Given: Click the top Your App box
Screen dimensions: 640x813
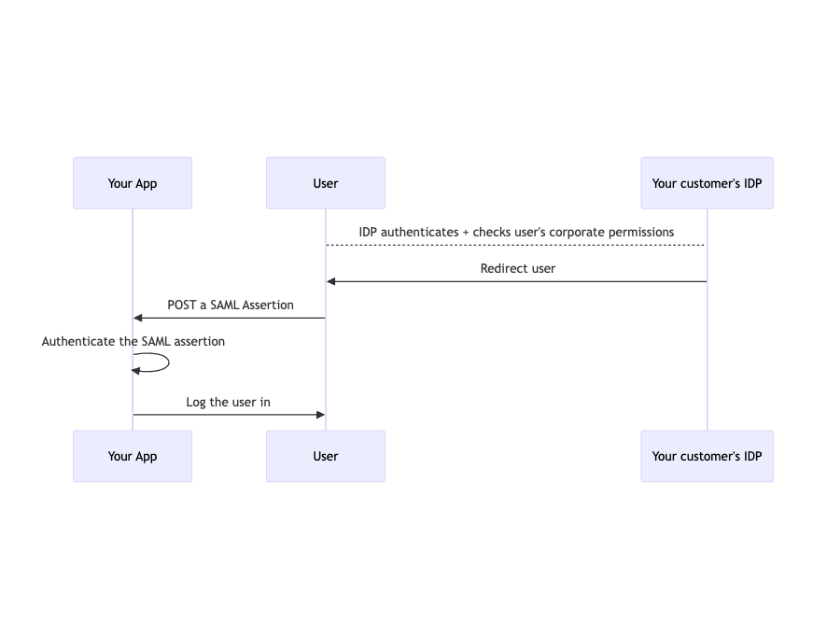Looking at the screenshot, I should (x=133, y=183).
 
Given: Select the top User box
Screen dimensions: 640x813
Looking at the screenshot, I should (x=325, y=183).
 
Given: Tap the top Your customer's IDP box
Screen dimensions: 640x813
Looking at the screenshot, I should (x=707, y=183).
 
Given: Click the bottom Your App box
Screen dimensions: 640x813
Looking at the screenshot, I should (x=133, y=456).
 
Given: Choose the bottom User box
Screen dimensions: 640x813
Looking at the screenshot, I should (x=325, y=456).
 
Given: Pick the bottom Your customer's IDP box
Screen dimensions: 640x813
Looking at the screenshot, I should (x=707, y=456).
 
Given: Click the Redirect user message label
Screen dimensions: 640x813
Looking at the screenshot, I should (x=517, y=268).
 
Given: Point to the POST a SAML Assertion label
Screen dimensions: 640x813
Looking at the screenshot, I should (x=231, y=305).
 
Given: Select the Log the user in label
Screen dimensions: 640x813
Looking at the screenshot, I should (x=228, y=402).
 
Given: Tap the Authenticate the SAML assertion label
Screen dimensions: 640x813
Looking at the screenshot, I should (x=133, y=341).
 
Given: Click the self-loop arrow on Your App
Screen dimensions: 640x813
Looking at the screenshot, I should (x=167, y=363).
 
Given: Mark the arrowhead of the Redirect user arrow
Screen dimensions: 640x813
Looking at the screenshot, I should (x=331, y=281).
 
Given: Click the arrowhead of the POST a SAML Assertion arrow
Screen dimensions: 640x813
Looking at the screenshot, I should (x=138, y=318).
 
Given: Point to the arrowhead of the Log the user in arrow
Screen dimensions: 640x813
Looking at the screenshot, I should (x=319, y=414).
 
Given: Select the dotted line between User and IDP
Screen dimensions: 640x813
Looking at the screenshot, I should (x=516, y=245).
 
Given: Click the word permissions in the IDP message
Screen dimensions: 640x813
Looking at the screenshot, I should (x=639, y=232).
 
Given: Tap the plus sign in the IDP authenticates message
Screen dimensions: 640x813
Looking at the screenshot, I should (x=466, y=232).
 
